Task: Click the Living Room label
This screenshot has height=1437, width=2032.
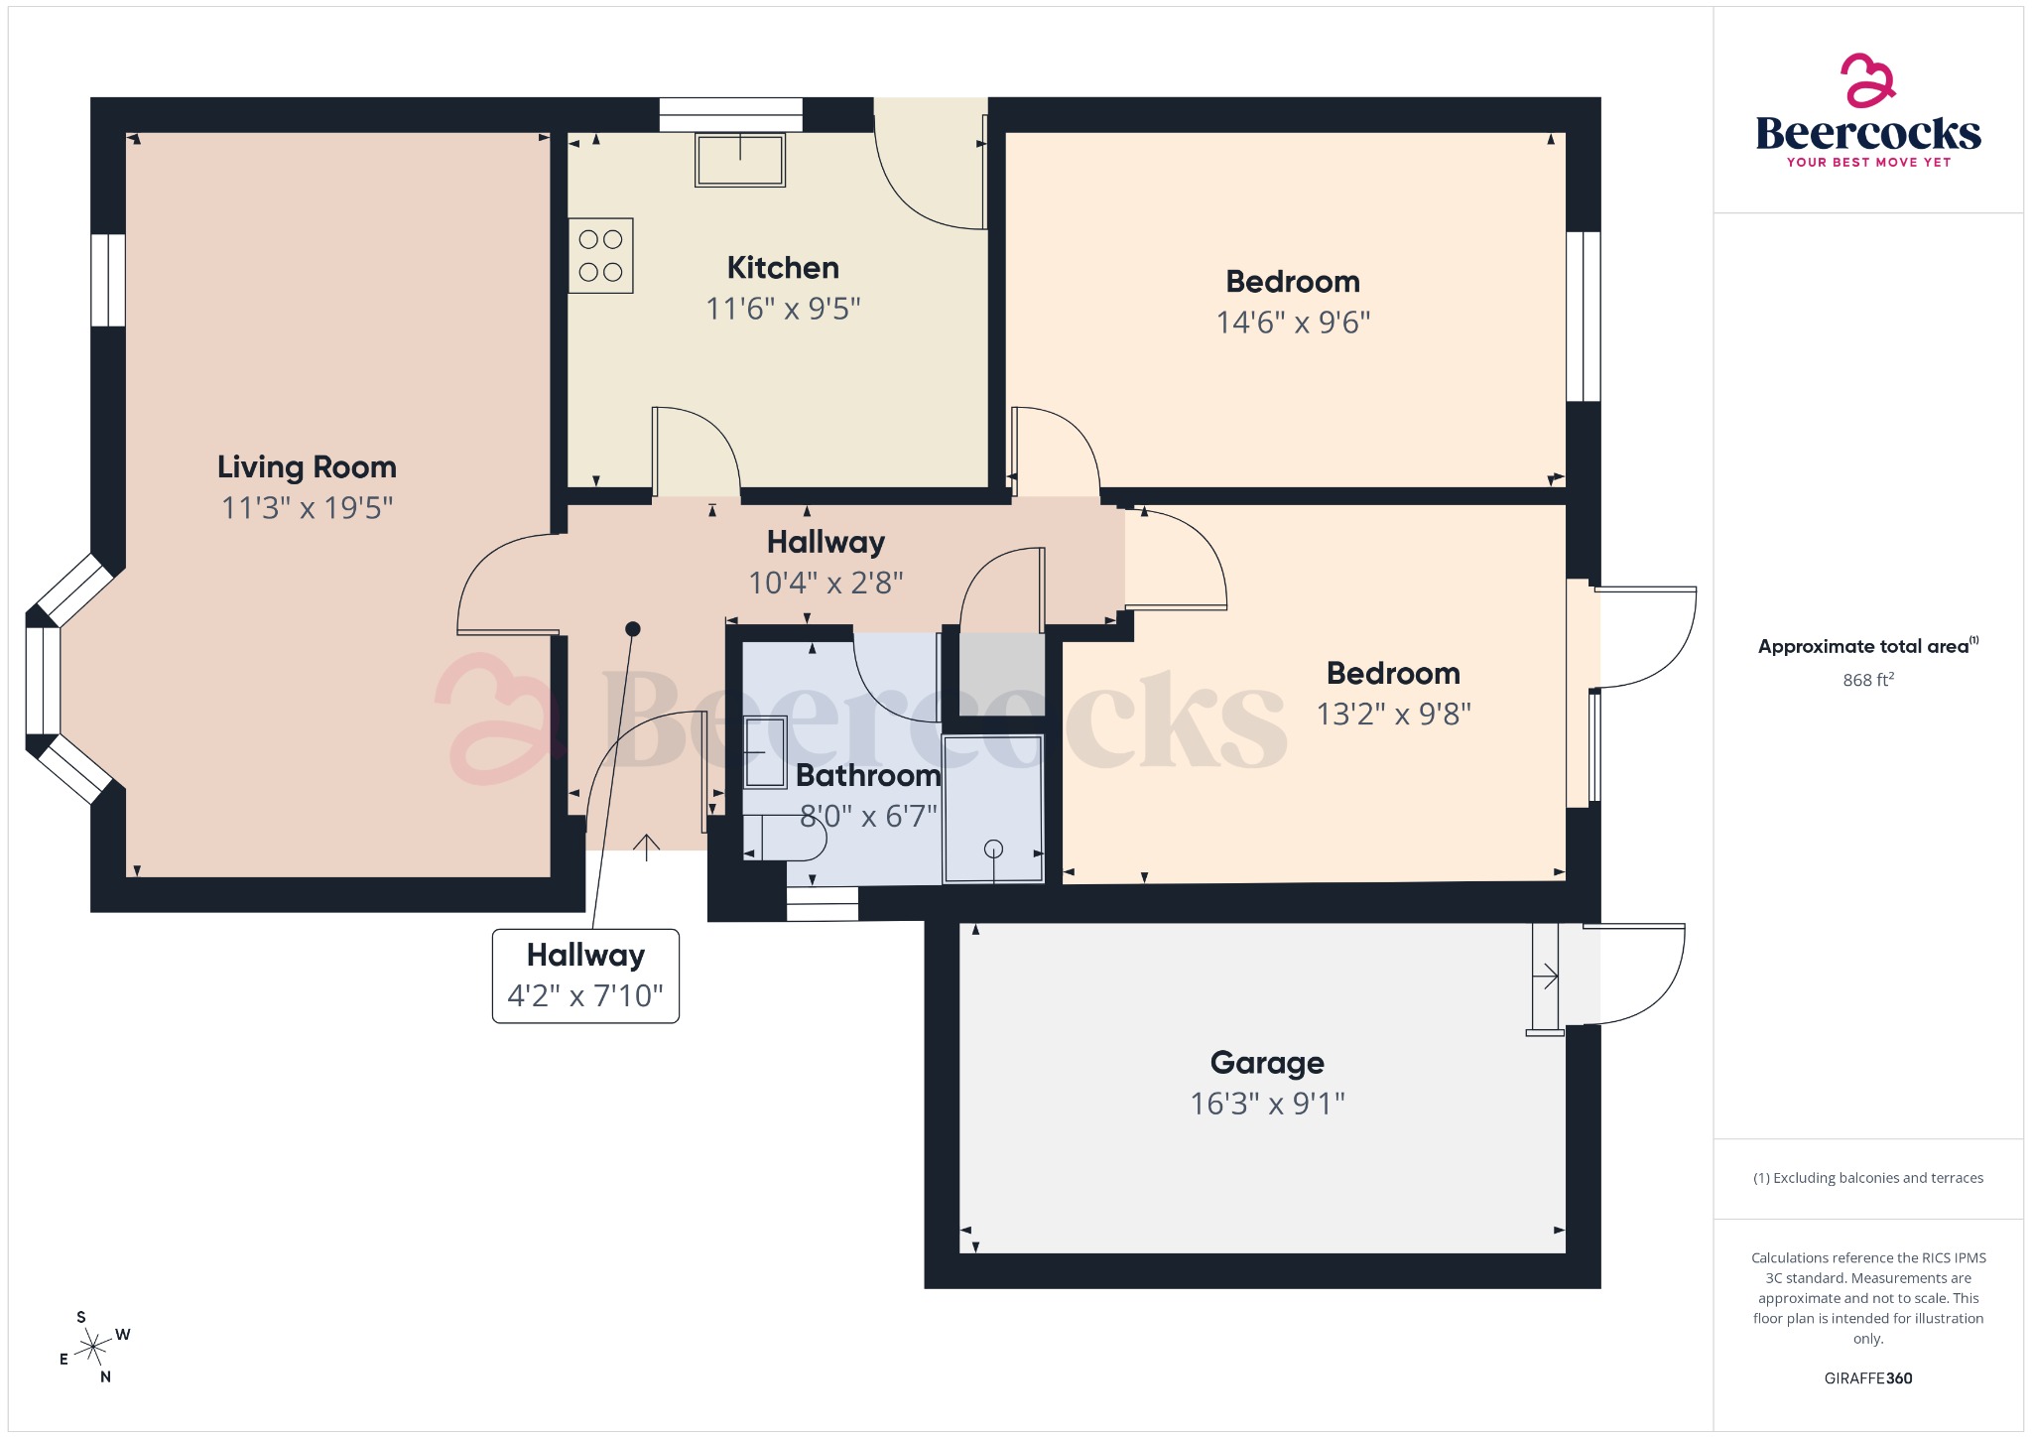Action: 307,466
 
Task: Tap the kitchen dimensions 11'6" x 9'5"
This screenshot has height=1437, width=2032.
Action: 783,309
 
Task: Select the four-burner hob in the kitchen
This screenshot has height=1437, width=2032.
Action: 600,255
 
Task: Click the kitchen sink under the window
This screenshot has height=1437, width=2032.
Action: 740,160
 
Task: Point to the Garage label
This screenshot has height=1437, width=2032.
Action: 1267,1062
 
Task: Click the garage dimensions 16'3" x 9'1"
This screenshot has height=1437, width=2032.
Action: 1267,1104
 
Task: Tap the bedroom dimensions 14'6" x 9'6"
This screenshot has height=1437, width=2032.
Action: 1293,323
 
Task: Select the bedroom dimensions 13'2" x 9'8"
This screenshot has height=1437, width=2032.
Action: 1393,715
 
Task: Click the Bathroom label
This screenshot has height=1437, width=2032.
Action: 867,775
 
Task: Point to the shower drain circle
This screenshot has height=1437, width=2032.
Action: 993,849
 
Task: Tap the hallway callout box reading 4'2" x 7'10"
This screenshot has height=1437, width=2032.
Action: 585,976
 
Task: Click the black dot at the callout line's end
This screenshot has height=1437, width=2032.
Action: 633,629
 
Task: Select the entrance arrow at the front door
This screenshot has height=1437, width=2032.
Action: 646,847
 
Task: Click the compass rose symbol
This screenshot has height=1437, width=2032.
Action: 94,1348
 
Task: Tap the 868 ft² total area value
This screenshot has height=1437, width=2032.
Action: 1867,680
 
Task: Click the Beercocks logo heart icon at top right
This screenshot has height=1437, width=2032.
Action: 1867,80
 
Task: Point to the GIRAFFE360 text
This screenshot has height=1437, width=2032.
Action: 1867,1377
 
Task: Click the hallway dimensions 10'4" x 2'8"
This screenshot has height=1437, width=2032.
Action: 825,583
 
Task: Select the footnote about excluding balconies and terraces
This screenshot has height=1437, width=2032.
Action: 1867,1178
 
